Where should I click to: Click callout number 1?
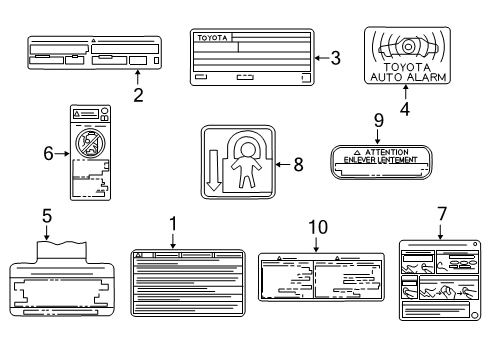[x=172, y=225]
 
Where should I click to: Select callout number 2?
[x=138, y=95]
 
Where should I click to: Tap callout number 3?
[x=335, y=59]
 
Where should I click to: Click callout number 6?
[x=47, y=153]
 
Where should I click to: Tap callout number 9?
[x=378, y=120]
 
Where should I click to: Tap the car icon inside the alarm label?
[x=407, y=46]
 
